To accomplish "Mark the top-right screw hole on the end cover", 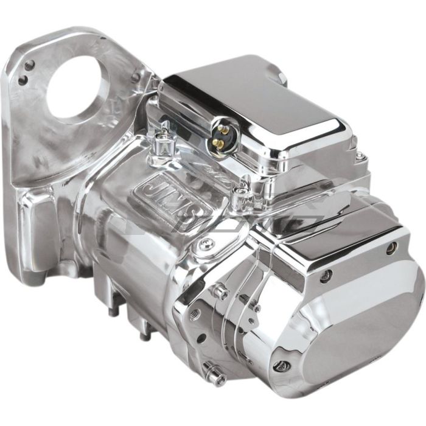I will point(391,247).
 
